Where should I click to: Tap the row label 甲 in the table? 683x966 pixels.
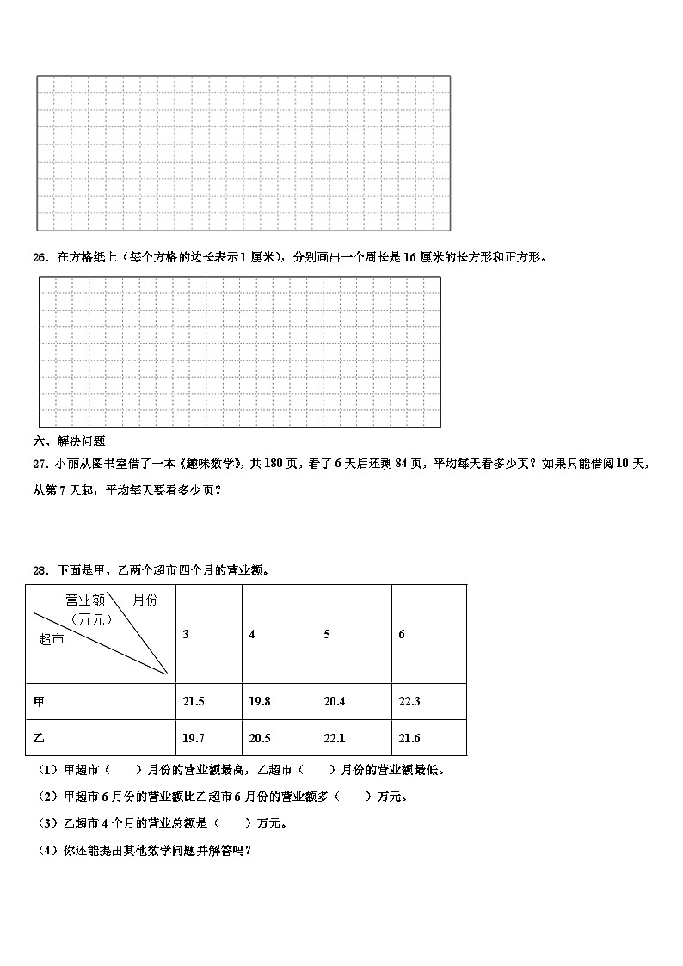coord(39,702)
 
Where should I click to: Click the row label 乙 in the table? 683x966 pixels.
coord(39,738)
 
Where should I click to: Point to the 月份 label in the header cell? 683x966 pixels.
coord(145,600)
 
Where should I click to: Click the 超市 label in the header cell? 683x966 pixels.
coord(52,638)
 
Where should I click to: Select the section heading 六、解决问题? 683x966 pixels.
coord(69,441)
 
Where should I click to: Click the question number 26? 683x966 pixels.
coord(40,257)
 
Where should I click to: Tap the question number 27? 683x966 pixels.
coord(40,464)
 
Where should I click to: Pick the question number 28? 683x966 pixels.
coord(40,570)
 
